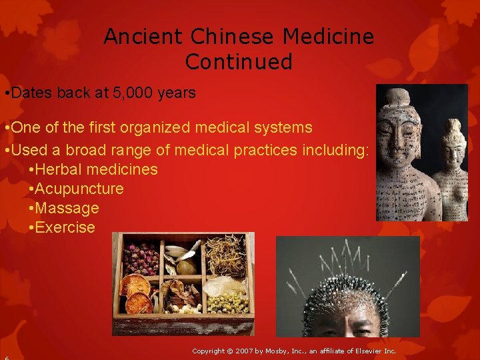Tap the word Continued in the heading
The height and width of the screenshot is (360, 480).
[x=239, y=62]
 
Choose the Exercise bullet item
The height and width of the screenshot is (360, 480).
[x=65, y=227]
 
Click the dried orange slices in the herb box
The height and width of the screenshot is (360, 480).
[x=135, y=293]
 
